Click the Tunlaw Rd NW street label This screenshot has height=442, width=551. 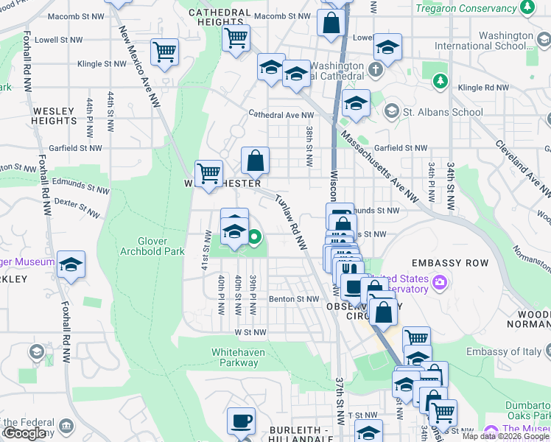pos(291,221)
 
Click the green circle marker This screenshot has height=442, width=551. pos(254,237)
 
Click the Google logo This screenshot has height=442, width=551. pos(24,433)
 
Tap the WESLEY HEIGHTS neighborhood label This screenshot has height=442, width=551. pos(55,116)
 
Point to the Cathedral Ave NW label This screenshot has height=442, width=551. pos(281,115)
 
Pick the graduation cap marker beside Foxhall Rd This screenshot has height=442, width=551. pos(71,264)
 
